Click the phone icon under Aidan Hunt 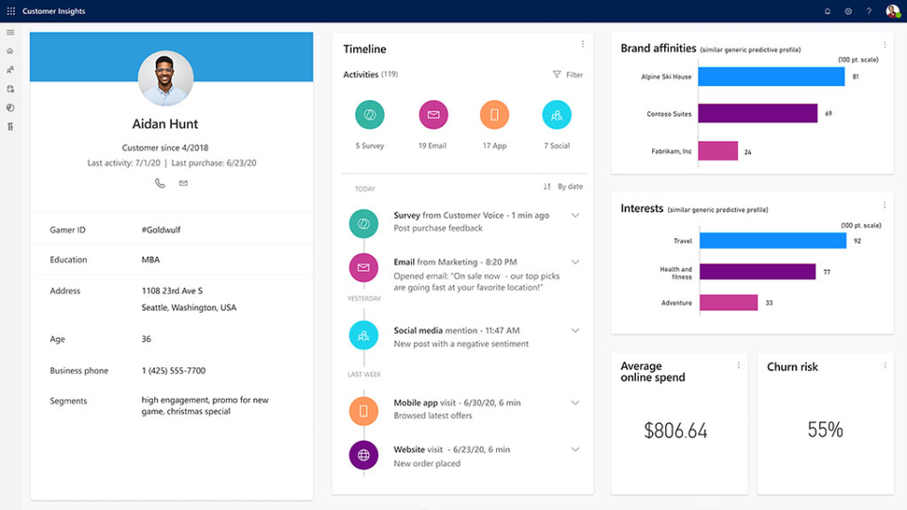(160, 183)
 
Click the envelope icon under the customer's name (183, 183)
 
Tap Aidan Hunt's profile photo (165, 78)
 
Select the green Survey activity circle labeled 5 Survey (369, 114)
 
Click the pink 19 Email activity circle (433, 114)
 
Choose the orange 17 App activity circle (494, 114)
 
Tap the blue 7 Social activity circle (556, 114)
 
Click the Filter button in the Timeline (568, 75)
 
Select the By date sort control (563, 187)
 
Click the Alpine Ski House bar (770, 76)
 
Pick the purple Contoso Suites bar (758, 113)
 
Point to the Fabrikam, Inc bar (718, 151)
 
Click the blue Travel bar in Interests (772, 241)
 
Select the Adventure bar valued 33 (727, 303)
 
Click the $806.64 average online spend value (676, 431)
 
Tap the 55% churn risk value (825, 431)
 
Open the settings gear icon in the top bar (848, 11)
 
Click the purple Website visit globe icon (363, 455)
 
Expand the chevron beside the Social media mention (575, 331)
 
